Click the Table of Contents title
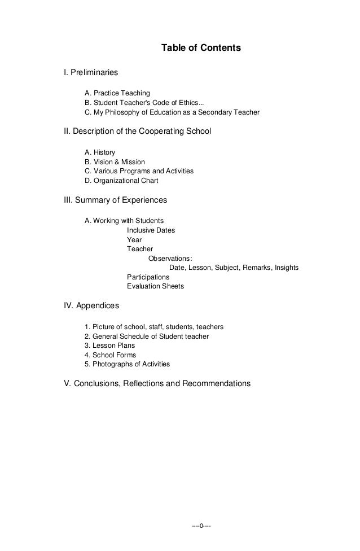coord(201,48)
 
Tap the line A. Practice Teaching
coord(117,93)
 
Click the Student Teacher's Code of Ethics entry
coord(144,102)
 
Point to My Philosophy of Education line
coord(172,112)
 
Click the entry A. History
coord(100,152)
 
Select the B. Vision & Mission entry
coord(115,162)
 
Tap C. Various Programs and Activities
coord(139,171)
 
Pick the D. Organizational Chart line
coord(121,181)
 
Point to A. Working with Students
coord(124,221)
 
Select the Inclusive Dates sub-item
coord(151,230)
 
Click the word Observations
coord(170,259)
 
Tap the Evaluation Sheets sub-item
coord(155,286)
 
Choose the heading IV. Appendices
coord(91,306)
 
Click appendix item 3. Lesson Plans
coord(109,346)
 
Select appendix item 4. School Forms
coord(110,355)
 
